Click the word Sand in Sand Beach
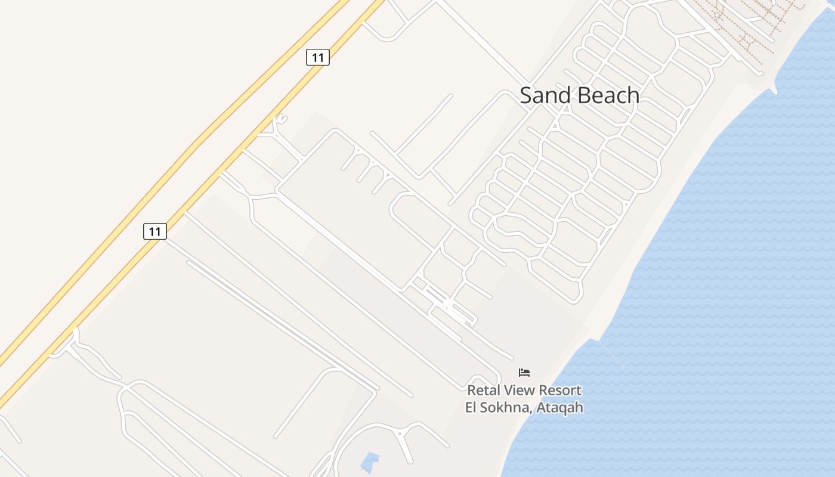click(545, 95)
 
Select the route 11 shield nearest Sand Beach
click(318, 57)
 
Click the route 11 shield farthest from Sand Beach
click(155, 231)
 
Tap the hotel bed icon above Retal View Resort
click(524, 373)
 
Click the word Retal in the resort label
click(484, 391)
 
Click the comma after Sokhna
click(532, 411)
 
